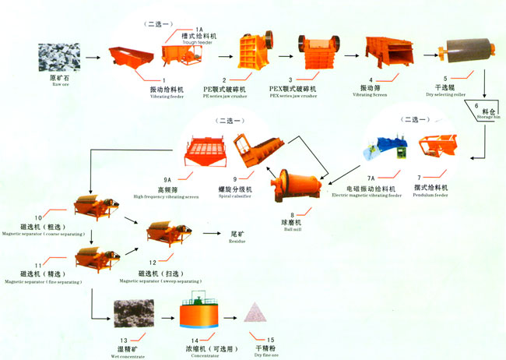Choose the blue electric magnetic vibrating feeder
(x=386, y=147)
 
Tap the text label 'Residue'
(x=238, y=242)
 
